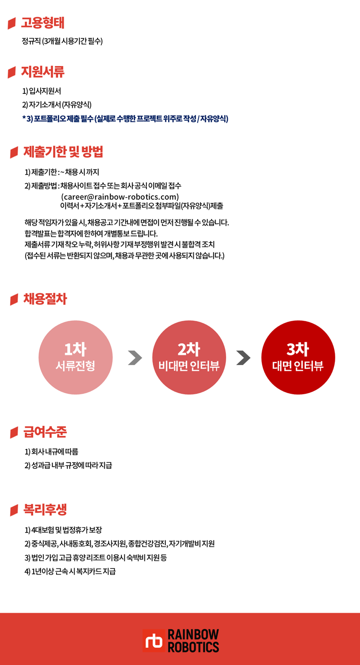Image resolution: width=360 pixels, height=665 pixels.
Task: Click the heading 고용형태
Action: pyautogui.click(x=43, y=23)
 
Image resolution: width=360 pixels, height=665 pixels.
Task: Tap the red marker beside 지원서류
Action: pyautogui.click(x=12, y=72)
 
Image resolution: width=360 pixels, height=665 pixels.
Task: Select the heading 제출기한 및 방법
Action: pyautogui.click(x=63, y=152)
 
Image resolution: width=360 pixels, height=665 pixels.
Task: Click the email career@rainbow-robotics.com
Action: pyautogui.click(x=120, y=197)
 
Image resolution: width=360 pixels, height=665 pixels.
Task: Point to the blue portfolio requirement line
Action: pyautogui.click(x=125, y=119)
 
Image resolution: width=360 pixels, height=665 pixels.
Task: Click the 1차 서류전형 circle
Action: pyautogui.click(x=75, y=357)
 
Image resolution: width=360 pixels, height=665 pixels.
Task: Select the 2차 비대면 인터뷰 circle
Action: pyautogui.click(x=189, y=357)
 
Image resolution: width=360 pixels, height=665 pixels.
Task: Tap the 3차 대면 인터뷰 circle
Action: pyautogui.click(x=298, y=357)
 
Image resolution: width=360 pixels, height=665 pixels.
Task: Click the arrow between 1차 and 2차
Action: pyautogui.click(x=135, y=358)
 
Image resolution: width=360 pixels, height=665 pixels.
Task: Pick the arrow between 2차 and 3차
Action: pyautogui.click(x=243, y=358)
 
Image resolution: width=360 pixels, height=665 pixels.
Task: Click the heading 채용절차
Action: pyautogui.click(x=45, y=299)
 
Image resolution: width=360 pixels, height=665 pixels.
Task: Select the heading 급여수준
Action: pyautogui.click(x=45, y=432)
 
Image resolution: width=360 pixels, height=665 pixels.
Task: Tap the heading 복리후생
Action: pyautogui.click(x=45, y=510)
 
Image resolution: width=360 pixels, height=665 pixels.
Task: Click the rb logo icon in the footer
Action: pyautogui.click(x=154, y=640)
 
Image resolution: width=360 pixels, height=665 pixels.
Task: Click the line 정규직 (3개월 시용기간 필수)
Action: pyautogui.click(x=62, y=41)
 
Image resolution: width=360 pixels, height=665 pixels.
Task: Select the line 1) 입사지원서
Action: pyautogui.click(x=41, y=91)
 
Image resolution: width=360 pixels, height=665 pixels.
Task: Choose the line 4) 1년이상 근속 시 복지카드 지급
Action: pyautogui.click(x=70, y=571)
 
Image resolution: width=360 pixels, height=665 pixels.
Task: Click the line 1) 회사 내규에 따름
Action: pyautogui.click(x=51, y=451)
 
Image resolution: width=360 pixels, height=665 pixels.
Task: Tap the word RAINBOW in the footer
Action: pyautogui.click(x=193, y=634)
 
